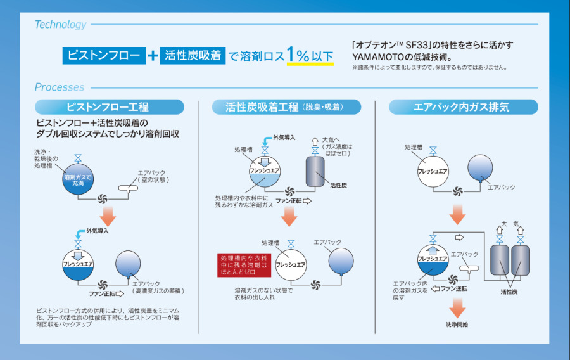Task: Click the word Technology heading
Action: (x=61, y=25)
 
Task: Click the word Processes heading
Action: (x=59, y=87)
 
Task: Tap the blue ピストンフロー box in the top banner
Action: (x=104, y=56)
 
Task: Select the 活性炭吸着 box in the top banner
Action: (x=193, y=56)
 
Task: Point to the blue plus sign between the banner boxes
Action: (x=152, y=56)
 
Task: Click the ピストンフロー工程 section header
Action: (x=109, y=107)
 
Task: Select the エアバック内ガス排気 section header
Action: (x=461, y=107)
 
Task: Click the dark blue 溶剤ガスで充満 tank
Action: (x=78, y=180)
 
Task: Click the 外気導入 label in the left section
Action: (x=98, y=231)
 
